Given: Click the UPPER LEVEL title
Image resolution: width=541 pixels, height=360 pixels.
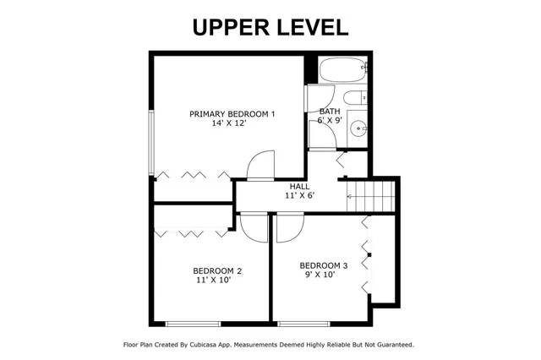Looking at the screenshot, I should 270,26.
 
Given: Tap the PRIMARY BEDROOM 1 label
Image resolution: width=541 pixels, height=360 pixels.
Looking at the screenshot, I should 232,114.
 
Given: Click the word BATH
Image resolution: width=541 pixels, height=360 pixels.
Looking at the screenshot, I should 330,112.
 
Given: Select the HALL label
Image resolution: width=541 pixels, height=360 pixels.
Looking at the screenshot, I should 299,187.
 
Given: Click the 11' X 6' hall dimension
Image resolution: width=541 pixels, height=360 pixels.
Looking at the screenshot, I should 299,196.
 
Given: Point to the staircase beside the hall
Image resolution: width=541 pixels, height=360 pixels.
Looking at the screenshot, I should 372,198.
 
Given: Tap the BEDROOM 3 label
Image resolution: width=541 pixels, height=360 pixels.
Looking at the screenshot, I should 323,265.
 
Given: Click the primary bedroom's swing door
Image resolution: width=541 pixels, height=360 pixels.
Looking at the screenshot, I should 260,166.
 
